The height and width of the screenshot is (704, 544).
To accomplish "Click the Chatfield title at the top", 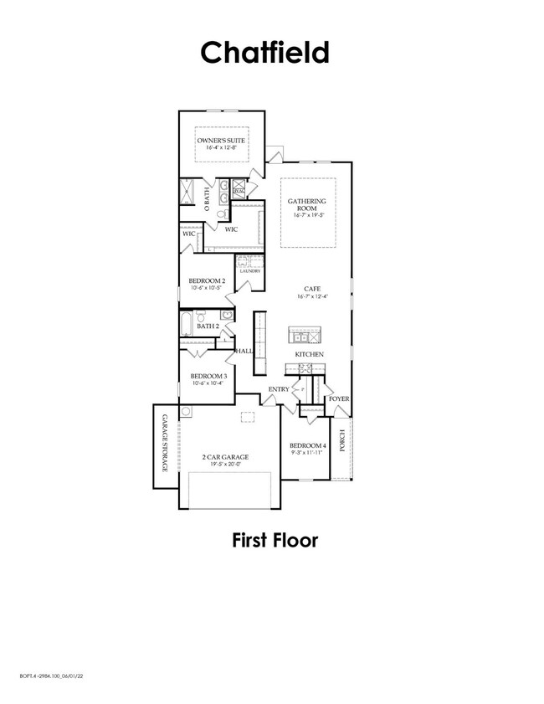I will [264, 52].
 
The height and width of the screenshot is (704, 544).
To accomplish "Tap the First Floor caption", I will [275, 540].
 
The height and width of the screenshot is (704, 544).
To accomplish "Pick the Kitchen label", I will [309, 355].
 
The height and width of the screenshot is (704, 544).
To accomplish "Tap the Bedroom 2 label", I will [206, 281].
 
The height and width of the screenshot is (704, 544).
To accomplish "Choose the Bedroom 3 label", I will [206, 377].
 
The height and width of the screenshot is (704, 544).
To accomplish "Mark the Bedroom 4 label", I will [307, 445].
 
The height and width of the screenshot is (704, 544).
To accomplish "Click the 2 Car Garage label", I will [225, 457].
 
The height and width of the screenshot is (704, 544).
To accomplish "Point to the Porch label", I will [341, 441].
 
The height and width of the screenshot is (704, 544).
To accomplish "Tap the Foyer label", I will [338, 399].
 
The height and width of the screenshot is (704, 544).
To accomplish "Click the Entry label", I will [278, 390].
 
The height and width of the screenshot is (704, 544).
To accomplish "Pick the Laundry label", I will [249, 271].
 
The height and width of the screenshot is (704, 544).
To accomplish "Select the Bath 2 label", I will [208, 326].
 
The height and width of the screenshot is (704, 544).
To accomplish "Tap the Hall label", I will [244, 352].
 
